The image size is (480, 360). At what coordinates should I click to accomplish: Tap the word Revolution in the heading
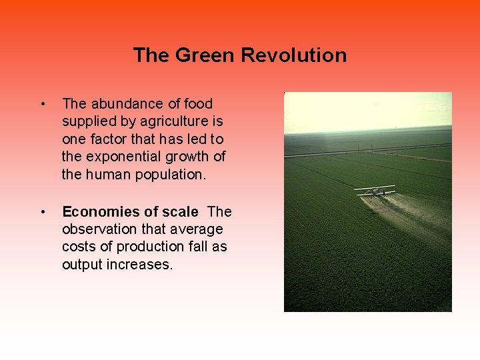293,55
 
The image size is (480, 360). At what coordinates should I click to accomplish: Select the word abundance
121,103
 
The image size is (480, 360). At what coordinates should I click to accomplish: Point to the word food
198,103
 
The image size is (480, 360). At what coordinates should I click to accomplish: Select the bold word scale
179,211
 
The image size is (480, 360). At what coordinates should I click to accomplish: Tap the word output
81,265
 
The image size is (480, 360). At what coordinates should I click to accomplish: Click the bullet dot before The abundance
43,104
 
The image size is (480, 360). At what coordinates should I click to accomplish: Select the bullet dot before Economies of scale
43,212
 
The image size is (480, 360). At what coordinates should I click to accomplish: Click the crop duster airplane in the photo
375,191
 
